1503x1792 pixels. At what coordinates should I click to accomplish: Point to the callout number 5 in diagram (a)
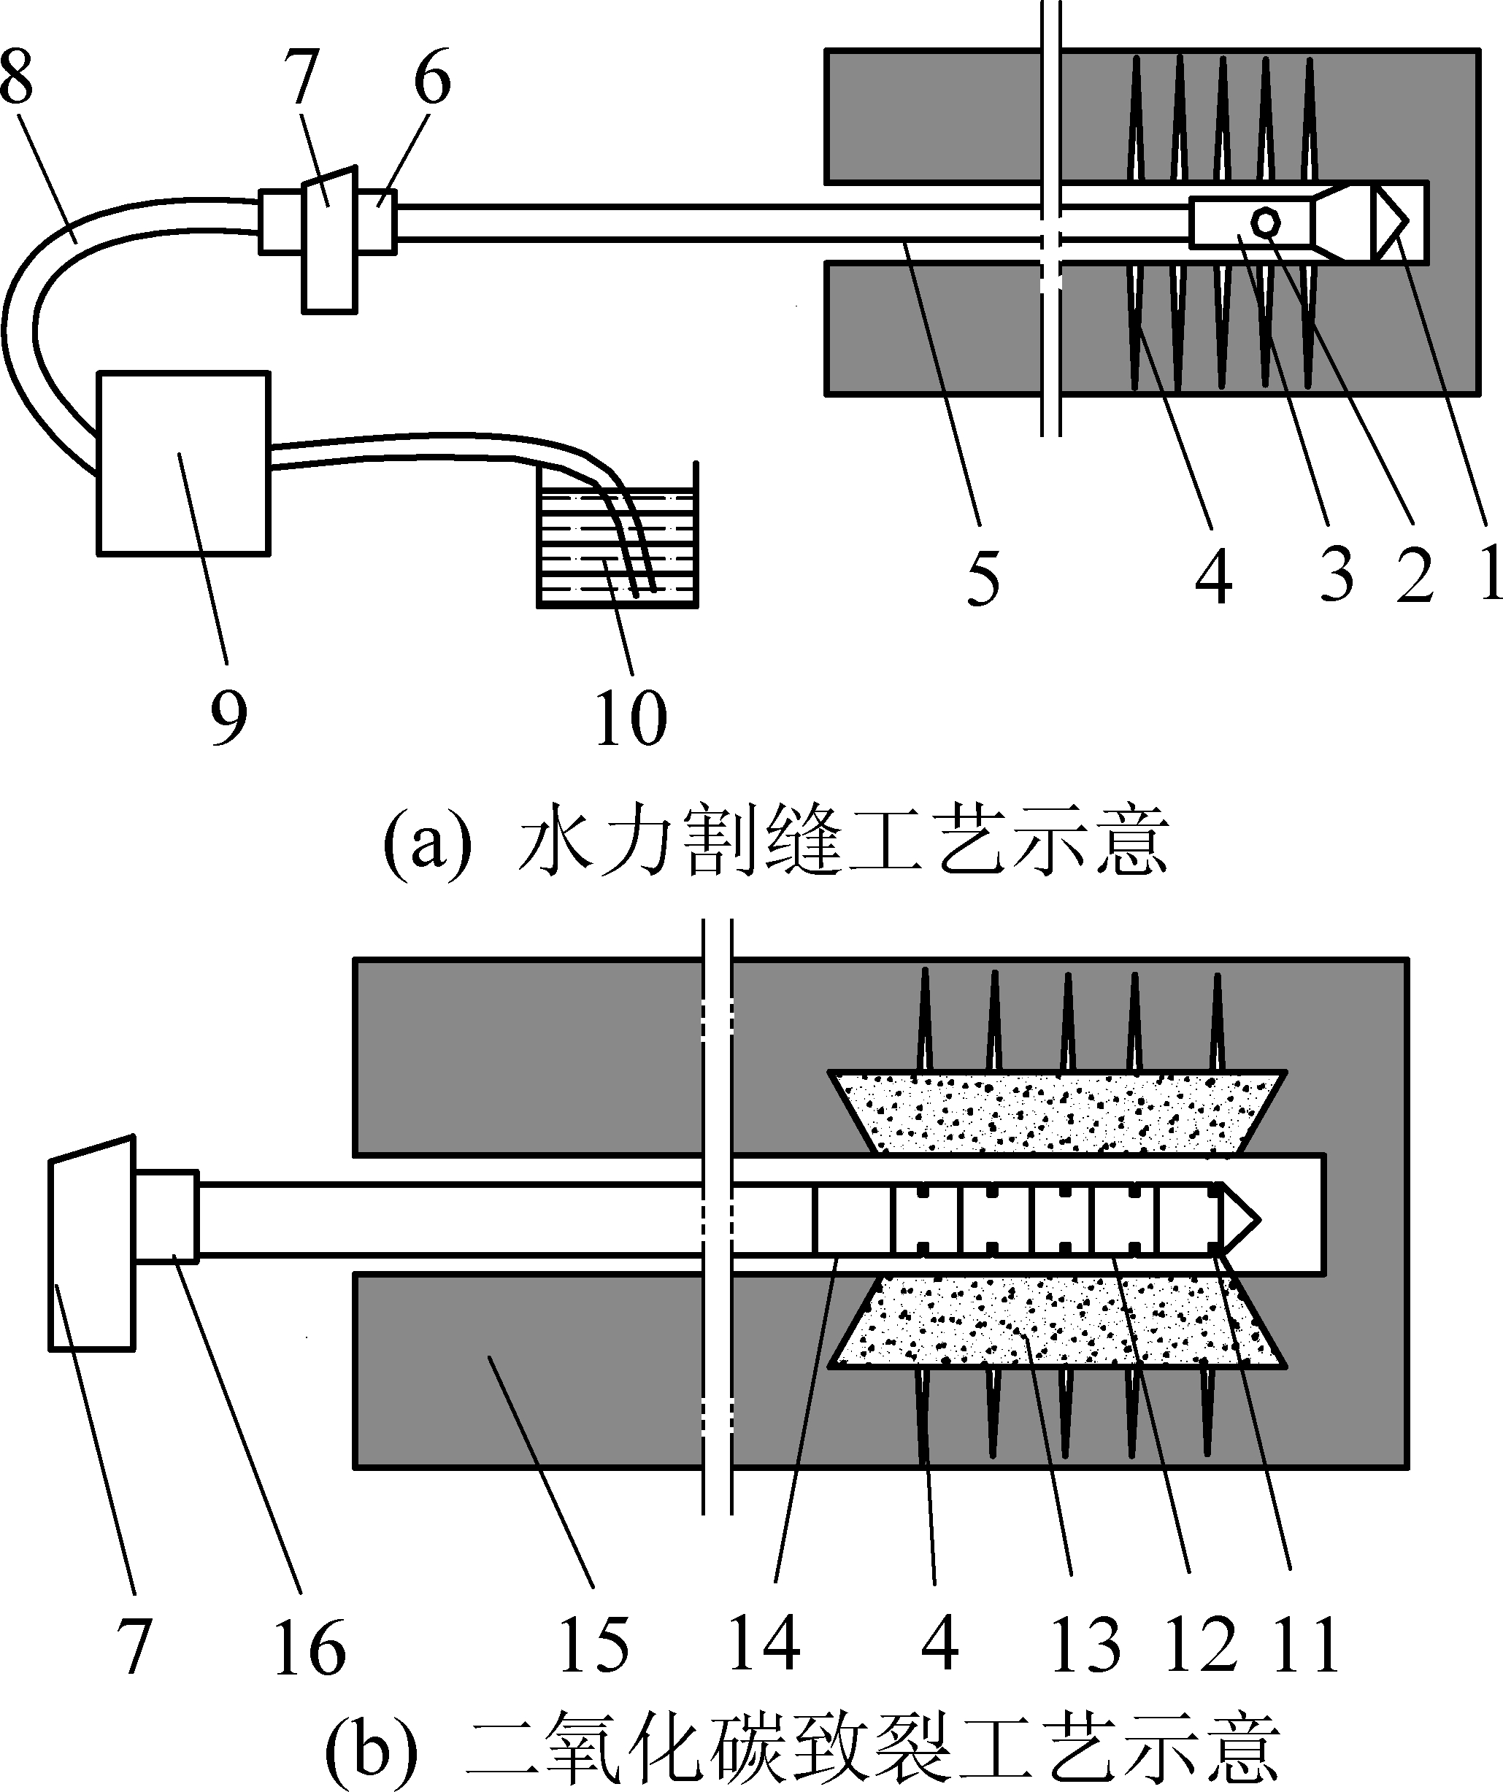point(983,579)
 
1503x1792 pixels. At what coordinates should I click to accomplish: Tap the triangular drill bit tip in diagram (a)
point(1389,221)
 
